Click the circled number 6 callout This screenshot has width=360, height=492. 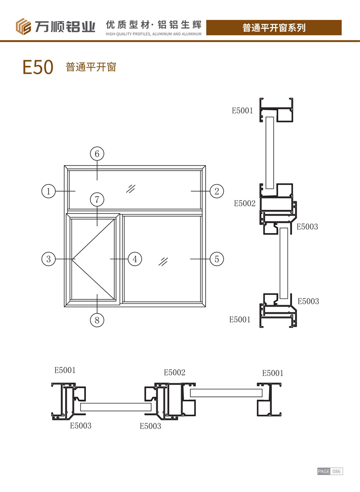(97, 154)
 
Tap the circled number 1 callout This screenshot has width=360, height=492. (48, 191)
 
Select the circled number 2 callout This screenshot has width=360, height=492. (216, 191)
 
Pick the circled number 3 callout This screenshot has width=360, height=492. (48, 259)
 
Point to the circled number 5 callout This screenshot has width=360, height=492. (216, 259)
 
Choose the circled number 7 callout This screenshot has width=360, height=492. (97, 199)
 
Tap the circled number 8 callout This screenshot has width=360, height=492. (97, 320)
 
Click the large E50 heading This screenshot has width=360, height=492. (38, 68)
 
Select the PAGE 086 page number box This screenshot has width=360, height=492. (330, 471)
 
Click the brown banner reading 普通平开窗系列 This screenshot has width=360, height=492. (274, 27)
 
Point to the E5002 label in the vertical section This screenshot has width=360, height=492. (244, 203)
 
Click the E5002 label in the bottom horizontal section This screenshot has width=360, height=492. (175, 373)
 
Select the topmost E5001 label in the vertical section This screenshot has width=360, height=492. (242, 110)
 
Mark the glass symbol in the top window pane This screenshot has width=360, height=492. (131, 188)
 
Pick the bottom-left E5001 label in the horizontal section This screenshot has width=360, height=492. (65, 370)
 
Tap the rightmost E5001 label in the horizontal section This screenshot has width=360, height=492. (273, 373)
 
